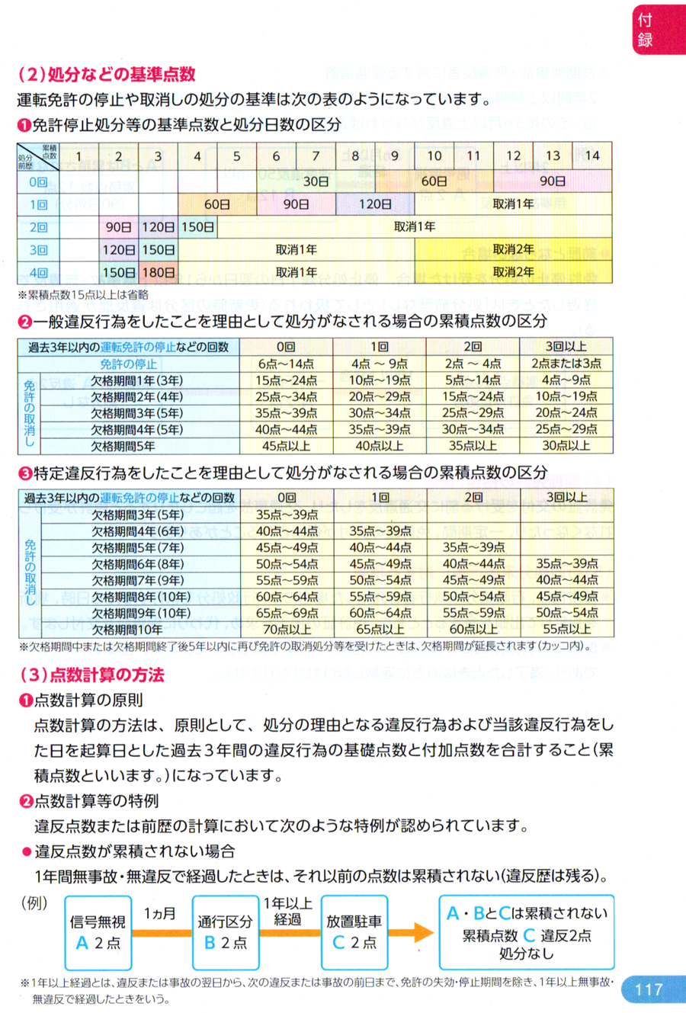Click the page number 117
(x=649, y=989)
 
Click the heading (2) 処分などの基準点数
(x=106, y=74)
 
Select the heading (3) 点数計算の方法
(x=91, y=675)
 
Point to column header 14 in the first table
(x=592, y=156)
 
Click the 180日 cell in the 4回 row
(x=159, y=272)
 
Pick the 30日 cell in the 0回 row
(x=316, y=181)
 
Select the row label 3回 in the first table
(x=38, y=249)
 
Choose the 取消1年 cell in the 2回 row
(x=415, y=226)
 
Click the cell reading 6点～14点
(x=286, y=364)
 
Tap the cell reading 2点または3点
(x=566, y=364)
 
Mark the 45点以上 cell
(x=286, y=446)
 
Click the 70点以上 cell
(x=286, y=630)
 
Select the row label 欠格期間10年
(x=127, y=630)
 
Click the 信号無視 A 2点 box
(x=98, y=932)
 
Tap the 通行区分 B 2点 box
(x=226, y=932)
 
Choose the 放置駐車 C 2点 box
(x=354, y=932)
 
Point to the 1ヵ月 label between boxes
(x=160, y=913)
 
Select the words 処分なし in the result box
(x=526, y=954)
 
